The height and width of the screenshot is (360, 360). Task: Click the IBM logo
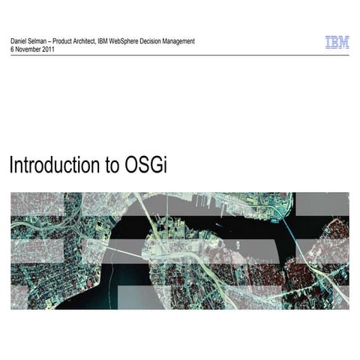(x=337, y=43)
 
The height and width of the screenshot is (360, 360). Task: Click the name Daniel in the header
(x=20, y=40)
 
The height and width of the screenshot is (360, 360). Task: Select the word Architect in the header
(x=94, y=40)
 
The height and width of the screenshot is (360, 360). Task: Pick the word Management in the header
(x=192, y=40)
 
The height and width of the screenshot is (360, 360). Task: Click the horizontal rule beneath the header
(x=180, y=55)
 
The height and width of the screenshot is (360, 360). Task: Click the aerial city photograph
(x=180, y=250)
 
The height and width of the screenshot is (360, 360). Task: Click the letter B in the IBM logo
(x=336, y=43)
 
